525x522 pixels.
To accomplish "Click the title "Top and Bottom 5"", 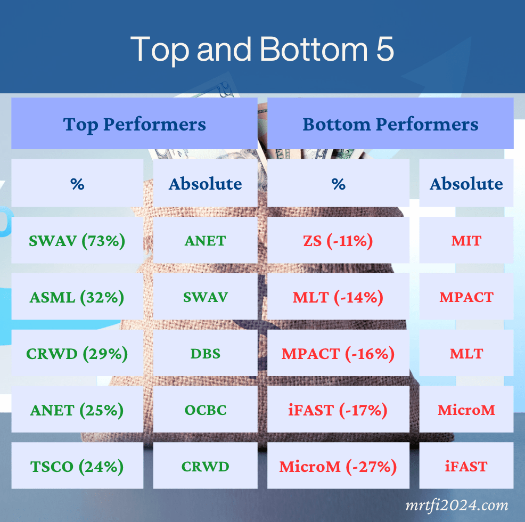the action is [x=262, y=50].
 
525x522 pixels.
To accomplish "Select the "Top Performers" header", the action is [x=134, y=123].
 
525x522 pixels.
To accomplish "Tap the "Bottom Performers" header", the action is [x=390, y=123].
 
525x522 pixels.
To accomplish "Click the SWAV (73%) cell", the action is [x=77, y=240].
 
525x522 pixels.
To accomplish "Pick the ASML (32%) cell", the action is [x=77, y=296].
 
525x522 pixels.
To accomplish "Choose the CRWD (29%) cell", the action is [x=77, y=353].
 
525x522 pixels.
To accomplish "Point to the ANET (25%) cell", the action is [x=77, y=409].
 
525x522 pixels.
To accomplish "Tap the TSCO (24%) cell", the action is [x=77, y=466].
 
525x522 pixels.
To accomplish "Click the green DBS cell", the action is [x=205, y=353].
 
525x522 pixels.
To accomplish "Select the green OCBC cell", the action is [x=205, y=409].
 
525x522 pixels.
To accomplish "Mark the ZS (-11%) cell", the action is [x=338, y=240].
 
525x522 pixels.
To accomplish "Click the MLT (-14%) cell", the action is [x=338, y=296].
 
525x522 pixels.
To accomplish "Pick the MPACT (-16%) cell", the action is [x=338, y=353].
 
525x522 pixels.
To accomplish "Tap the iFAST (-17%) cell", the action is [x=338, y=409].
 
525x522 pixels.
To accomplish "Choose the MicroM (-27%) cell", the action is [x=338, y=466].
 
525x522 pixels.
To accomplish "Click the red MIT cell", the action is [x=466, y=240].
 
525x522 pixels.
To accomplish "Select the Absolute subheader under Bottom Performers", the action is [x=466, y=183].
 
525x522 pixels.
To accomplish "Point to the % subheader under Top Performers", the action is [x=77, y=183].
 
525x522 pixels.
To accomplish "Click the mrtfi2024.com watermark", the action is [x=457, y=505].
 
